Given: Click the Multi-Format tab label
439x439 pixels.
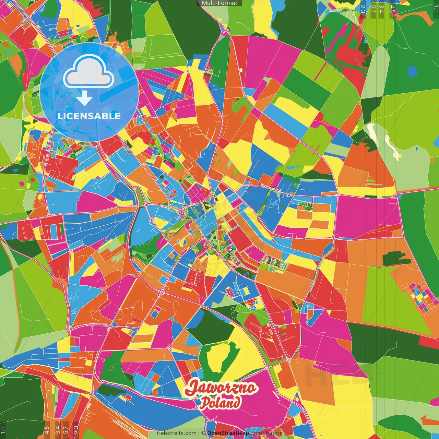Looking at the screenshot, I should tap(219, 3).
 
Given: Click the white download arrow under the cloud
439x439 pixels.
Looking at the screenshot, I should tap(84, 98).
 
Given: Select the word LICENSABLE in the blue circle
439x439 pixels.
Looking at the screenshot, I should tap(89, 116).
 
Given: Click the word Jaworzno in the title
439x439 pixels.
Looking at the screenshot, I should tap(221, 388).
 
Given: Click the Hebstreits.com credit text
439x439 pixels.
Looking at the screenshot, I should tap(176, 433).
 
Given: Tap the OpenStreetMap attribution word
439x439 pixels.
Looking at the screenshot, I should tap(228, 433).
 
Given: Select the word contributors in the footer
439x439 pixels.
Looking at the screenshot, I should tap(266, 433).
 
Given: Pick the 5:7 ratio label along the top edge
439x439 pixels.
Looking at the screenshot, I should tap(373, 9).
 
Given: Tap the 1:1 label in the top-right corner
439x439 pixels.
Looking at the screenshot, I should tap(436, 9).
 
